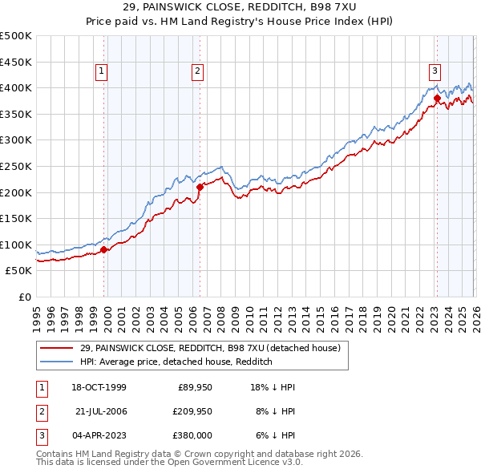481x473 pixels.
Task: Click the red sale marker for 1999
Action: click(104, 249)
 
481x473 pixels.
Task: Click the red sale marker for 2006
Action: click(200, 187)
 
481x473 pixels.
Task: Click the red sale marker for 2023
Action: click(437, 99)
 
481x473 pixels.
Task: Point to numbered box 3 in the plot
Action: click(435, 71)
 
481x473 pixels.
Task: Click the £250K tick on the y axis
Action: click(16, 166)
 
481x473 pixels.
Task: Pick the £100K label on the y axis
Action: click(16, 245)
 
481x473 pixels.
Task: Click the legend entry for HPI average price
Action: click(176, 362)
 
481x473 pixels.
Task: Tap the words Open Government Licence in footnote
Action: click(228, 463)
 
